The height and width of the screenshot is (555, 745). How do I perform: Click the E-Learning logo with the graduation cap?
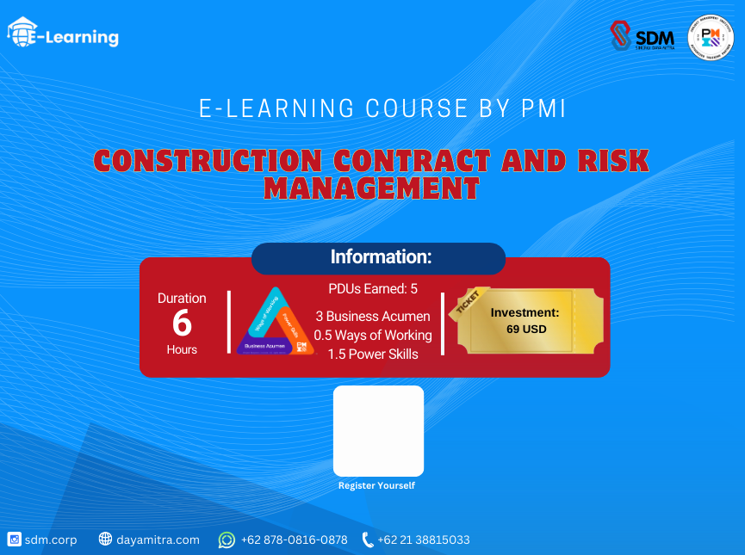point(63,34)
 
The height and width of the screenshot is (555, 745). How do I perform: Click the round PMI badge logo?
point(711,38)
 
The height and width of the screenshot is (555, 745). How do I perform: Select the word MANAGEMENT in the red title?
point(371,188)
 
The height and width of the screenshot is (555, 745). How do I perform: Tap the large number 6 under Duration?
point(182,324)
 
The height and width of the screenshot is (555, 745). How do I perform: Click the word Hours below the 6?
point(182,349)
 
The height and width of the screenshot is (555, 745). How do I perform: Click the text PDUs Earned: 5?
point(373,289)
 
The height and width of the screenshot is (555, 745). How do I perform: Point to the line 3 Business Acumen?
point(373,316)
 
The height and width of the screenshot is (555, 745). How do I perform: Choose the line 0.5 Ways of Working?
point(373,335)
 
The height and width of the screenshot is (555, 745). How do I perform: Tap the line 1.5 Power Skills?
point(373,355)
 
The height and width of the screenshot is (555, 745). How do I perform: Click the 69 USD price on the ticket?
point(526,329)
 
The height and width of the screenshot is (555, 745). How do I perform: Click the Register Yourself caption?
point(376,485)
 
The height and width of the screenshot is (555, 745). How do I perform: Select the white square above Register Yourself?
point(378,430)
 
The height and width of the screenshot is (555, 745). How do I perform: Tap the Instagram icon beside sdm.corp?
point(14,540)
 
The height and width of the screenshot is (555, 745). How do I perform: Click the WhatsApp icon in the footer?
point(227,540)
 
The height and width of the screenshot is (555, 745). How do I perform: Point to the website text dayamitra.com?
point(158,540)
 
